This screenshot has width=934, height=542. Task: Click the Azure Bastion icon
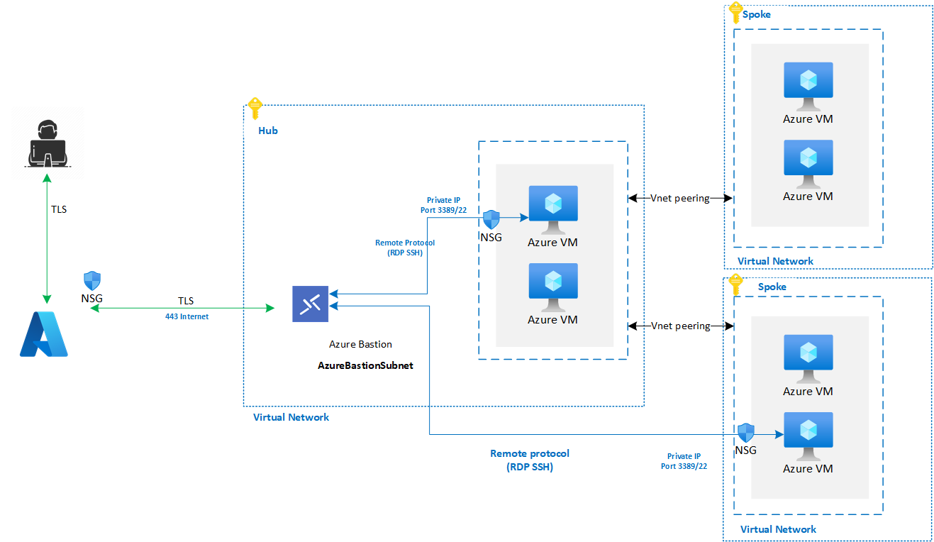tap(310, 304)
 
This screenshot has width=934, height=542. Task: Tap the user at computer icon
tap(48, 143)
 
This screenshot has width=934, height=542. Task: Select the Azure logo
tap(44, 334)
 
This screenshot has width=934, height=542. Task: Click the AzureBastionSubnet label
tap(365, 365)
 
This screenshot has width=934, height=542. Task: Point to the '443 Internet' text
tap(187, 316)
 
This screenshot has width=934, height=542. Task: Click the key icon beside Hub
tap(255, 109)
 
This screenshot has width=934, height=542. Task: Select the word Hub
tap(267, 131)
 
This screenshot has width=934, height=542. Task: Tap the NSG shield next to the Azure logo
tap(92, 280)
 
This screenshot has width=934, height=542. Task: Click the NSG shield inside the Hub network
tap(491, 219)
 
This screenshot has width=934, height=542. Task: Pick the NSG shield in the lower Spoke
tap(746, 433)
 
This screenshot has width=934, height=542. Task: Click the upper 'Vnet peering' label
tap(680, 198)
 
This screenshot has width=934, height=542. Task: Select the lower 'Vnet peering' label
tap(681, 326)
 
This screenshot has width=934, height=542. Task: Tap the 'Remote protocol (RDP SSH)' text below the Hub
tap(530, 460)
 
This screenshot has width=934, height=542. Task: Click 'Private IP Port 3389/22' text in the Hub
tap(443, 205)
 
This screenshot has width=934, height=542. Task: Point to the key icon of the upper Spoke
tap(735, 13)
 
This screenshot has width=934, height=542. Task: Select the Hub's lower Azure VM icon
tap(553, 287)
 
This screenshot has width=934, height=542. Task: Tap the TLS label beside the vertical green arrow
tap(59, 209)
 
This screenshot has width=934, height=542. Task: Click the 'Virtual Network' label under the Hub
tap(291, 417)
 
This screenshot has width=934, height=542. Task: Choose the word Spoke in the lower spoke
tap(772, 287)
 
